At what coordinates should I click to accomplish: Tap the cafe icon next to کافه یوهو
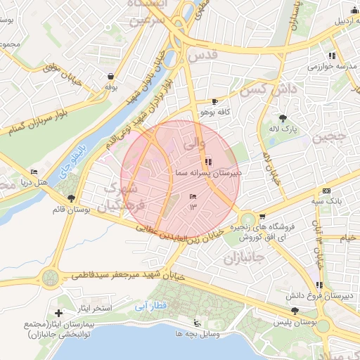(214, 101)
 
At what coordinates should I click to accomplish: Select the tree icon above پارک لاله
(283, 118)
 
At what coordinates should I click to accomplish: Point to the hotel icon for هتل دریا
(34, 172)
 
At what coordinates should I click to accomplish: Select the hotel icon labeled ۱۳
(193, 196)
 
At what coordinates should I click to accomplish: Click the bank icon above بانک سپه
(326, 191)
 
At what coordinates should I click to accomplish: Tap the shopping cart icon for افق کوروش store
(262, 217)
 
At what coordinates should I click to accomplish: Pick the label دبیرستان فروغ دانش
(326, 296)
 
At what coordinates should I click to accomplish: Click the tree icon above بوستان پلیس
(295, 311)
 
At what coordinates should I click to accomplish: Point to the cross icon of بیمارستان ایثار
(58, 312)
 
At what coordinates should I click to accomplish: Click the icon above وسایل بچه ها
(198, 323)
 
